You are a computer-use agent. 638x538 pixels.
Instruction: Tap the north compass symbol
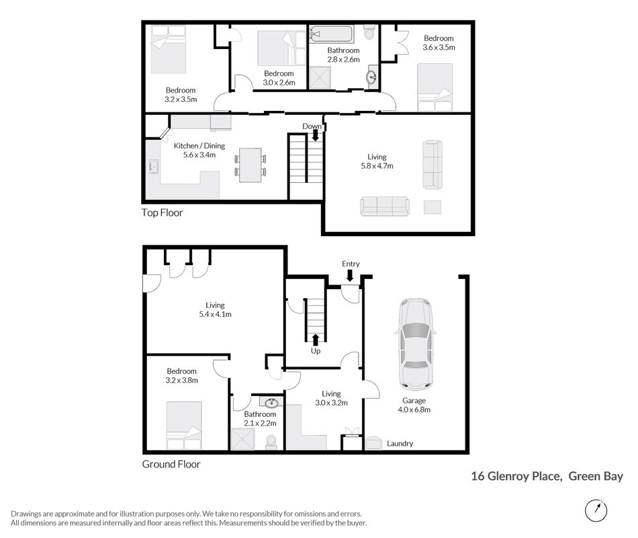[x=596, y=510]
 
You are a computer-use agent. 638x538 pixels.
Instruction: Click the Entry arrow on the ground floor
[x=350, y=276]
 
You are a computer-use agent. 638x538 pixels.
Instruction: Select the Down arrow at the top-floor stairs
[x=315, y=136]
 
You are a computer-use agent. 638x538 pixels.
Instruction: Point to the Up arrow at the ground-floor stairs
[x=316, y=340]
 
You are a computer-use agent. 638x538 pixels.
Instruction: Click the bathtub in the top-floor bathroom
[x=331, y=34]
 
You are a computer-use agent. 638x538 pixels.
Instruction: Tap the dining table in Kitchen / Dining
[x=250, y=165]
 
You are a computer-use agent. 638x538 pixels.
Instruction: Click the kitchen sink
[x=153, y=166]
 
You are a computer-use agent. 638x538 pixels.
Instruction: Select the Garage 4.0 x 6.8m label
[x=414, y=405]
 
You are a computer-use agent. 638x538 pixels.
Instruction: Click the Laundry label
[x=400, y=443]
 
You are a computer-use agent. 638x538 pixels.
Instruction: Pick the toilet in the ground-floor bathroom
[x=271, y=442]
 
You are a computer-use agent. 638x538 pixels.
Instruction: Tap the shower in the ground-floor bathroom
[x=242, y=439]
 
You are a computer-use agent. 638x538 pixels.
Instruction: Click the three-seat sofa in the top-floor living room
[x=385, y=206]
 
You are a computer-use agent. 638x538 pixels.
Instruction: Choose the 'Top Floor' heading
[x=162, y=213]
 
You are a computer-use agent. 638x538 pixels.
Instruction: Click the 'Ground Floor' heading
[x=171, y=464]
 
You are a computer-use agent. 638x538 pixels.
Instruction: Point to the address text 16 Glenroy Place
[x=516, y=476]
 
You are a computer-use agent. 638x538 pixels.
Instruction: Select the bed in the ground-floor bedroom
[x=184, y=426]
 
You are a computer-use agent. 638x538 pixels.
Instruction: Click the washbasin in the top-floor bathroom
[x=372, y=77]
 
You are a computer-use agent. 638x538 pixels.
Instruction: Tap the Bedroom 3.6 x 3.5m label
[x=439, y=43]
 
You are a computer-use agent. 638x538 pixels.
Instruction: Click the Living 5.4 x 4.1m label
[x=215, y=310]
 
